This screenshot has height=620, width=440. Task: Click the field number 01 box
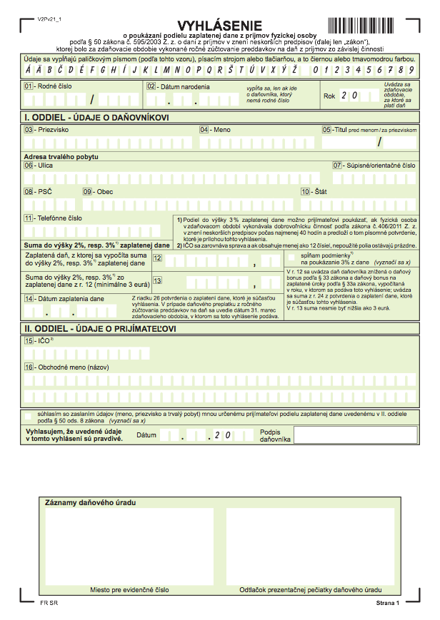coord(29,86)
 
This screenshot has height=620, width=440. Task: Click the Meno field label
coord(222,130)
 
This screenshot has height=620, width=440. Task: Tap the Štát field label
coord(321,192)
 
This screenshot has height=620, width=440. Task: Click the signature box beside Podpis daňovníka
coord(354,434)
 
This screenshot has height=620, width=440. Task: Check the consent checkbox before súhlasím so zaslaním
coord(28,415)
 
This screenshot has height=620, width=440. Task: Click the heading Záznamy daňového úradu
coord(90,502)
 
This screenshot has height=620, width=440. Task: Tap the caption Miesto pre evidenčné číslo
coord(129,590)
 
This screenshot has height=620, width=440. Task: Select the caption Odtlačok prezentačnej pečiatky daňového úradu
coord(310,590)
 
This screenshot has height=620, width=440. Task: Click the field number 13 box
coord(158,280)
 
